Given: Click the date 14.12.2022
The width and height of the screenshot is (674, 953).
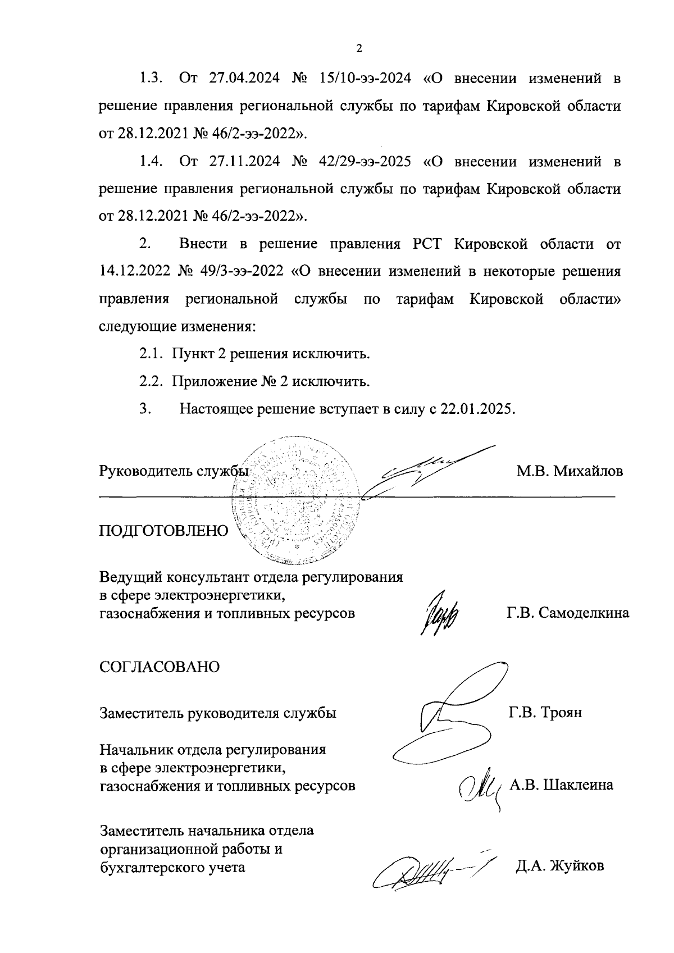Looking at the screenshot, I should [x=134, y=272].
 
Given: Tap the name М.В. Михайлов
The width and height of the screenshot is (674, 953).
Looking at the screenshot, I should [x=570, y=471].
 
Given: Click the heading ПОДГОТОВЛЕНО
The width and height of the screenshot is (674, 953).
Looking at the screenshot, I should [x=164, y=531].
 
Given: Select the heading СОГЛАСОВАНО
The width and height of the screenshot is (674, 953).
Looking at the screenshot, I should [x=160, y=667].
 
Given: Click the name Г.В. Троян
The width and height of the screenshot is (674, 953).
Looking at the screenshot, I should [x=545, y=713].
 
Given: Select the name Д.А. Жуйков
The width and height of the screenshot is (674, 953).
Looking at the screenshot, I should [x=559, y=866].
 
